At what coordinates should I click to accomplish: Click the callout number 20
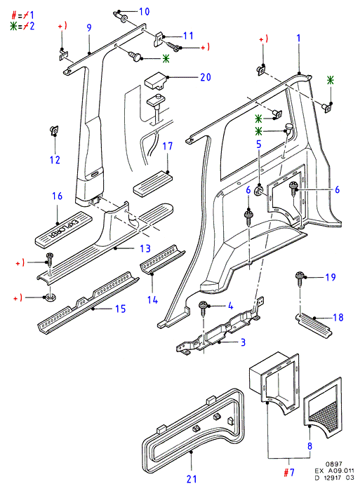point(206,77)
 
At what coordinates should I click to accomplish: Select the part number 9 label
point(89,27)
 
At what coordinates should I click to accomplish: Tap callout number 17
point(168,146)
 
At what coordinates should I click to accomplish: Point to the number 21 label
point(192,479)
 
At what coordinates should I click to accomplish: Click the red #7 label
point(289,472)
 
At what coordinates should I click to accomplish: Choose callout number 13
point(145,248)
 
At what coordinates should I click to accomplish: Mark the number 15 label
point(121,309)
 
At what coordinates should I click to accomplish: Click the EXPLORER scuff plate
point(63,229)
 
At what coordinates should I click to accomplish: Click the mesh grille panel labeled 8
point(322,408)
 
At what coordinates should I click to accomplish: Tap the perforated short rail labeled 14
point(162,260)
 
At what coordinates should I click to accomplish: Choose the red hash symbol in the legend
point(14,15)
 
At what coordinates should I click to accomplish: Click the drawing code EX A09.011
point(335,471)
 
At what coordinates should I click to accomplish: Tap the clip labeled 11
point(160,39)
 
